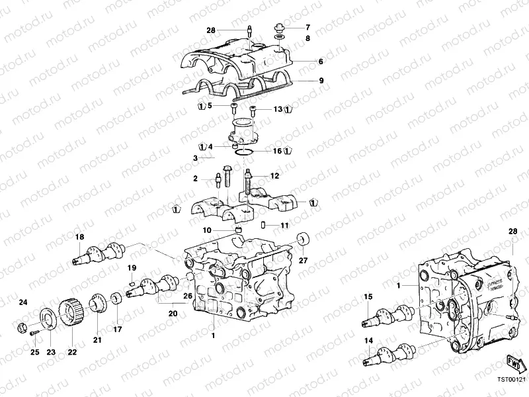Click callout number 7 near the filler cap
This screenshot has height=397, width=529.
click(307, 28)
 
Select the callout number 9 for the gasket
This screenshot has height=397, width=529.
click(321, 81)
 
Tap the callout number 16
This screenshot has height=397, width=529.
click(277, 152)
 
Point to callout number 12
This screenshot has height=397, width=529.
click(274, 176)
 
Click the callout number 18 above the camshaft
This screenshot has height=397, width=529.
click(79, 236)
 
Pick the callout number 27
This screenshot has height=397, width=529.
click(304, 261)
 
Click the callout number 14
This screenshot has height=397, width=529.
click(368, 341)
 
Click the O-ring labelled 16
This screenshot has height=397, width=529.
click(245, 153)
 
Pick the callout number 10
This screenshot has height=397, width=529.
click(207, 230)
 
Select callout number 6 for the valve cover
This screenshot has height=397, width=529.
click(321, 62)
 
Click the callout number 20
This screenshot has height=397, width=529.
click(173, 314)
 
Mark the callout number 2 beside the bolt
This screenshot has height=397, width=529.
click(196, 179)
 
